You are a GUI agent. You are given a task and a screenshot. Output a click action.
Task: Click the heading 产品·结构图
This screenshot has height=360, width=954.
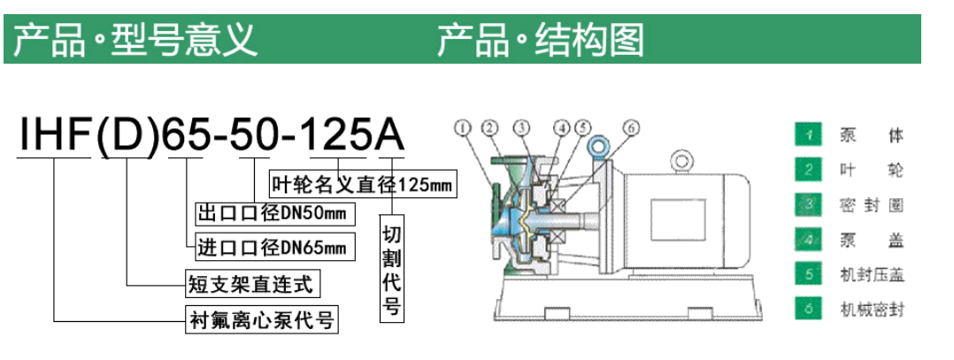click(541, 40)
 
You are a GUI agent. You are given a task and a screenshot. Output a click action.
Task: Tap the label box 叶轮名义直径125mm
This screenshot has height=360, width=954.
click(363, 182)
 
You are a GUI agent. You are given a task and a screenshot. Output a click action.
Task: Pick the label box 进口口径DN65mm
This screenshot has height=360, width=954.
click(275, 248)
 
